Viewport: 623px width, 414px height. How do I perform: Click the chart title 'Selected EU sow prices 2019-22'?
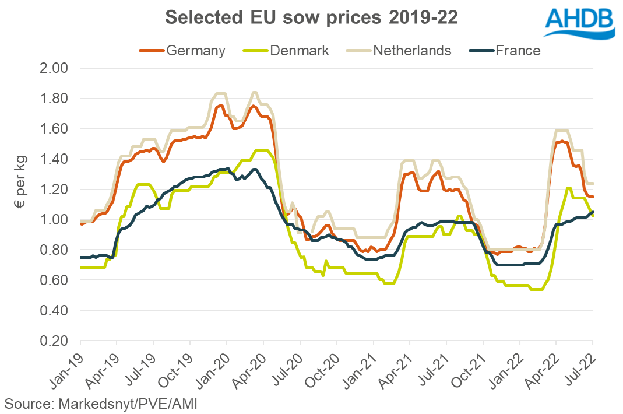pos(311,17)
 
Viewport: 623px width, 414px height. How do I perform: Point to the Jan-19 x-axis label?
pos(65,367)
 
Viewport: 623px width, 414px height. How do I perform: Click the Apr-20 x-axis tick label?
pos(249,367)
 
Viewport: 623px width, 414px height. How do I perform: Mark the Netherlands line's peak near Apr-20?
pos(254,92)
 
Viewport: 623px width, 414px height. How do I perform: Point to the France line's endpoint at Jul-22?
pos(593,212)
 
